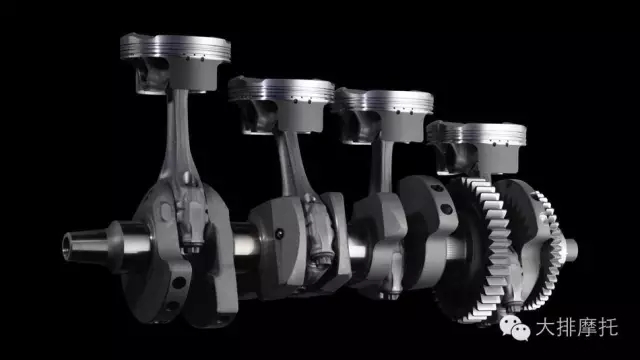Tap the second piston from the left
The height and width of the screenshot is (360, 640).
pyautogui.click(x=282, y=104)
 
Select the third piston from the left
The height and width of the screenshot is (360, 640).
pyautogui.click(x=383, y=115)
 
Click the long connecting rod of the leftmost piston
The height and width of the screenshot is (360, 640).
pyautogui.click(x=180, y=139)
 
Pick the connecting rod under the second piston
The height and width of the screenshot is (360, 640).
pyautogui.click(x=292, y=163)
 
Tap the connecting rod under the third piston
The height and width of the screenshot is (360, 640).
pyautogui.click(x=382, y=167)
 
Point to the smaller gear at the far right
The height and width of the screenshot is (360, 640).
pyautogui.click(x=547, y=249)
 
